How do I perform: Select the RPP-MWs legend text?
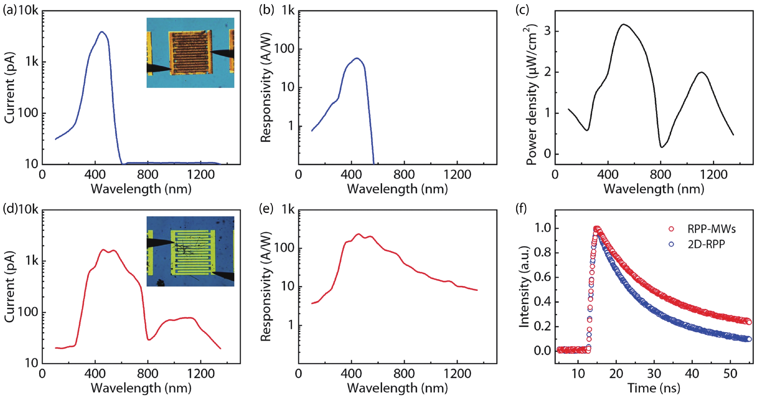pos(711,229)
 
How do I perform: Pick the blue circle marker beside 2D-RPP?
pos(671,244)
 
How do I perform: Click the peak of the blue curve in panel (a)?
pos(102,32)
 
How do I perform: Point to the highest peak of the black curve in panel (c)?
pos(623,24)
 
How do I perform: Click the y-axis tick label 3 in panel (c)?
pos(547,31)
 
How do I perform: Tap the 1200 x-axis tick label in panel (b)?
pos(457,175)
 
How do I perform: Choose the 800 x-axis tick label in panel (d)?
pos(148,374)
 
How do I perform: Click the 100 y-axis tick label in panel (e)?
pos(284,248)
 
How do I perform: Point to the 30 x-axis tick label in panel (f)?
pos(654,374)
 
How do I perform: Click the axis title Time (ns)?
pos(654,388)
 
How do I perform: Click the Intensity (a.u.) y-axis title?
pos(524,287)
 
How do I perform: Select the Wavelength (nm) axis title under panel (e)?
pos(397,388)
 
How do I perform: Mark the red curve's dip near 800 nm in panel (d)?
pos(149,340)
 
